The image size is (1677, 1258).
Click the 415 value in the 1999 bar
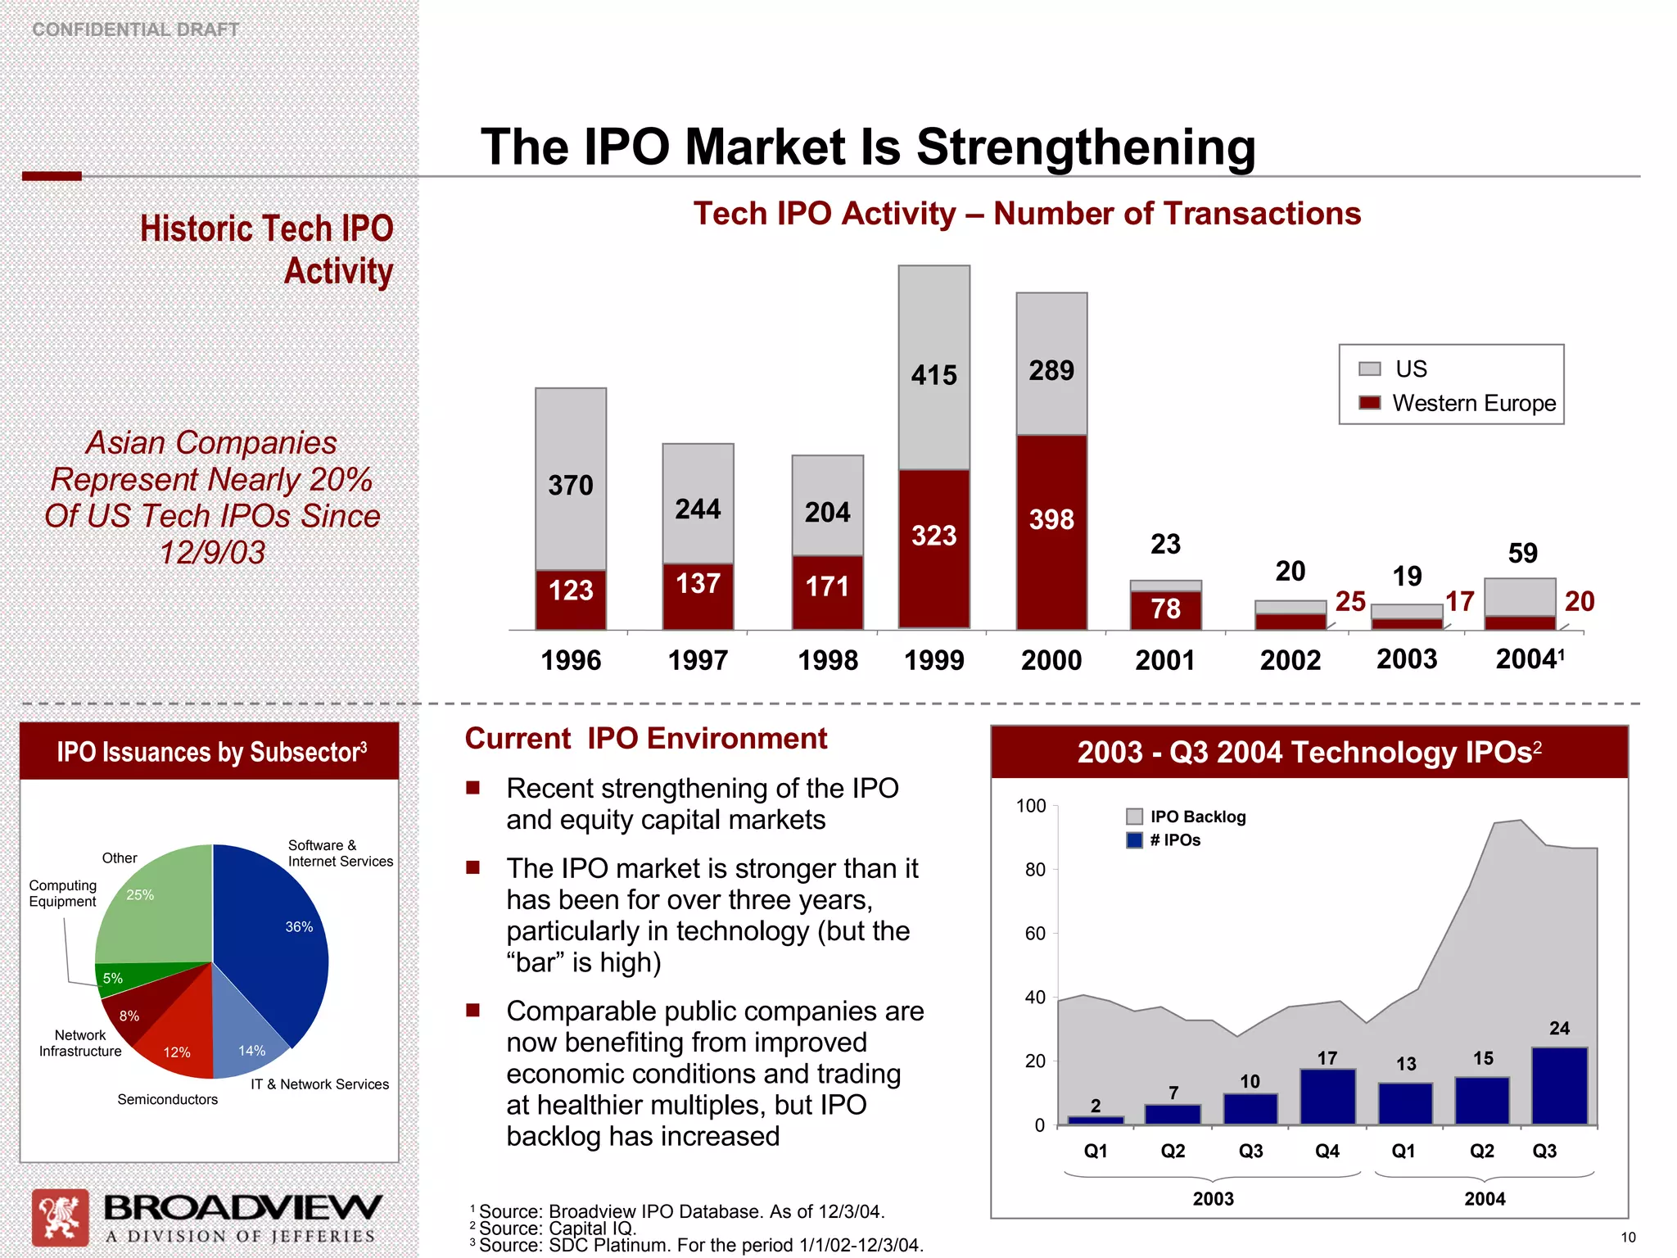coord(933,375)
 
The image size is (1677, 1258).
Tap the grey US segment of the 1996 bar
coord(571,479)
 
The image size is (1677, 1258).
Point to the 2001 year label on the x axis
coord(1164,660)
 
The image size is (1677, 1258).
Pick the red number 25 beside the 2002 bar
coord(1350,602)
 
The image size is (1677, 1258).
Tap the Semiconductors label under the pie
coord(167,1099)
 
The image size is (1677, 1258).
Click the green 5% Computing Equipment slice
coord(131,979)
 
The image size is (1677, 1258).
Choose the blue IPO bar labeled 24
coord(1559,1085)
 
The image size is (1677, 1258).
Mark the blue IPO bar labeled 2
coord(1096,1120)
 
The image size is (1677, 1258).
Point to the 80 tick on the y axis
coord(1035,870)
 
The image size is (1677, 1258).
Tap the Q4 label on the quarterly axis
coord(1327,1151)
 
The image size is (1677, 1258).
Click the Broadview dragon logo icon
coord(60,1217)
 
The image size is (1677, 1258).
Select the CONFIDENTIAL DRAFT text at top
coord(136,29)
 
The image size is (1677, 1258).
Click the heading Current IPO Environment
coord(645,739)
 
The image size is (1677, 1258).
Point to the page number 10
coord(1628,1238)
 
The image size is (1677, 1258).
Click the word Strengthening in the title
coord(1086,147)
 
